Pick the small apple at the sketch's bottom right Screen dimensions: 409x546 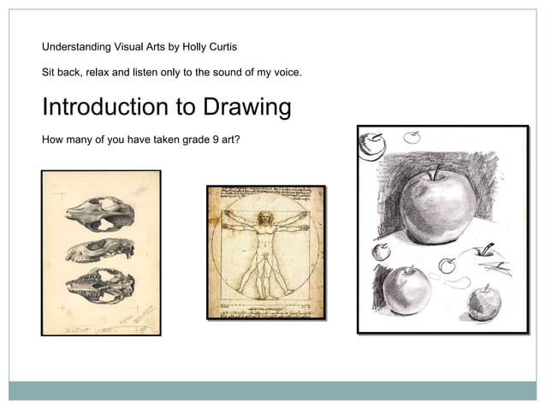point(484,301)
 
